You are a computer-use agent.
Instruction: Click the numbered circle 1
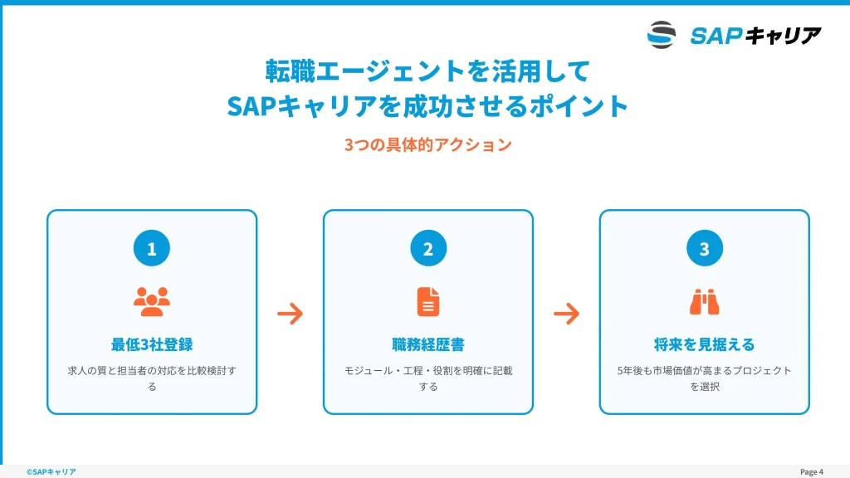pyautogui.click(x=152, y=248)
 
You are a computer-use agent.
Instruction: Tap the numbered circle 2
pyautogui.click(x=428, y=248)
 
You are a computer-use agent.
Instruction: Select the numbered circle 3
pyautogui.click(x=704, y=248)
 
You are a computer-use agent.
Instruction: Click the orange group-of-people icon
pyautogui.click(x=152, y=301)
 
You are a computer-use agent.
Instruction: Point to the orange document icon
pyautogui.click(x=428, y=301)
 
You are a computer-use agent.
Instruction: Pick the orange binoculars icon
pyautogui.click(x=704, y=302)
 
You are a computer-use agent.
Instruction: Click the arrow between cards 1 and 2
pyautogui.click(x=290, y=313)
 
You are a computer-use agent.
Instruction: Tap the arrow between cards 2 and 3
pyautogui.click(x=566, y=313)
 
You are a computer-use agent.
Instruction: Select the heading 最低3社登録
pyautogui.click(x=152, y=344)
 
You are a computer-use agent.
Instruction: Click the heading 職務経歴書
pyautogui.click(x=428, y=344)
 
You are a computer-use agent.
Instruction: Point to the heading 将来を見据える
pyautogui.click(x=704, y=344)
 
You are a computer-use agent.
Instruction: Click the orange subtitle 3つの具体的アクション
pyautogui.click(x=428, y=144)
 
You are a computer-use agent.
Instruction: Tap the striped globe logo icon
pyautogui.click(x=662, y=35)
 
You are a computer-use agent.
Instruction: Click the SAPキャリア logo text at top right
pyautogui.click(x=755, y=36)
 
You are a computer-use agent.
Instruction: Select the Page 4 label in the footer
pyautogui.click(x=812, y=472)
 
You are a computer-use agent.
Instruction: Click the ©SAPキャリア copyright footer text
pyautogui.click(x=51, y=472)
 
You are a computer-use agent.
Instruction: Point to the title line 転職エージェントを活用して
pyautogui.click(x=427, y=71)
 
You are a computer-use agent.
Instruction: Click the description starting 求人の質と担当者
pyautogui.click(x=152, y=378)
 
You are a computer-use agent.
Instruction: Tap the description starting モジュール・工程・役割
pyautogui.click(x=428, y=378)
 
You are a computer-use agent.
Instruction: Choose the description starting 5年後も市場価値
pyautogui.click(x=704, y=378)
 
